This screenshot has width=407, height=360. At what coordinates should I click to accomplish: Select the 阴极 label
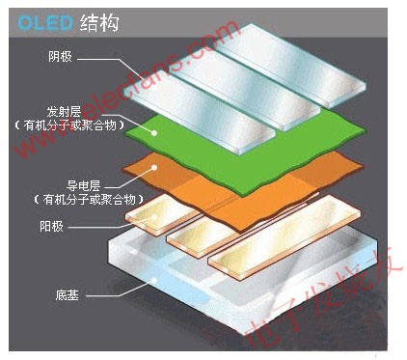click(x=60, y=56)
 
